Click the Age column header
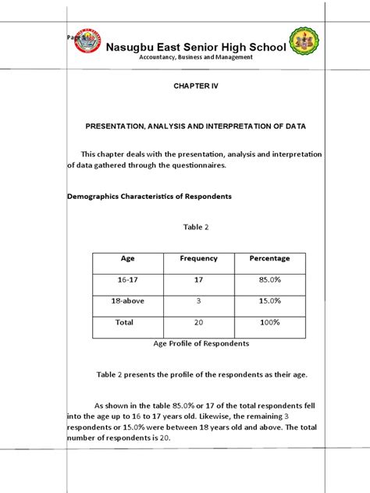pyautogui.click(x=128, y=258)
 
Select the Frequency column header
pyautogui.click(x=198, y=258)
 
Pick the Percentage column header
pyautogui.click(x=269, y=258)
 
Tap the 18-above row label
pyautogui.click(x=128, y=300)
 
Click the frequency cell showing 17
pyautogui.click(x=198, y=279)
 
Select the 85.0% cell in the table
pyautogui.click(x=269, y=279)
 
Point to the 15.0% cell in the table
pyautogui.click(x=269, y=300)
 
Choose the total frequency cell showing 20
pyautogui.click(x=198, y=322)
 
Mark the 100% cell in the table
pyautogui.click(x=269, y=322)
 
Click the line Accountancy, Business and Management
pyautogui.click(x=195, y=59)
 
